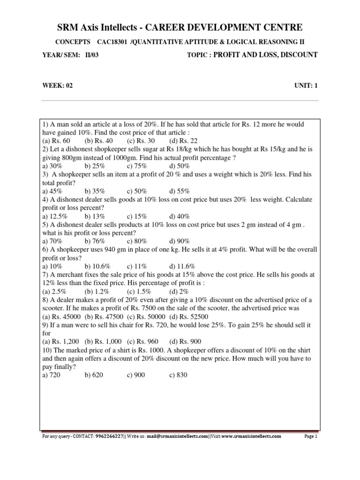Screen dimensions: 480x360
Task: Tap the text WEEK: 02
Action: pos(58,85)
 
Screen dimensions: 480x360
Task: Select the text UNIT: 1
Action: pos(306,85)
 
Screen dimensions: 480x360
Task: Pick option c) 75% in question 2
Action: pos(137,166)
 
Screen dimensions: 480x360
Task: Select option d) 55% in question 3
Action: pos(179,191)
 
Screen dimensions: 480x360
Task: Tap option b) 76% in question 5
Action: pos(95,241)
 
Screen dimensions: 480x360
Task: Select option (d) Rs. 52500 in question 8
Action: pos(189,316)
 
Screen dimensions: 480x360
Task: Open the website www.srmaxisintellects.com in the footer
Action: pos(251,436)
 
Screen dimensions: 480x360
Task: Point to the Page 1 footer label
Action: pos(311,436)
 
